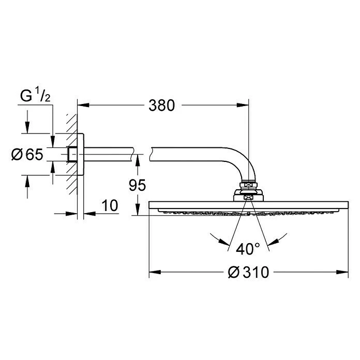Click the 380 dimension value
tap(161, 106)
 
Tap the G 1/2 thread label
tap(35, 96)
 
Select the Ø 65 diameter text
tap(27, 154)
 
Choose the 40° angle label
tap(249, 249)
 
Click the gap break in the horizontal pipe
tap(143, 154)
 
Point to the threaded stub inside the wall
tap(72, 154)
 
